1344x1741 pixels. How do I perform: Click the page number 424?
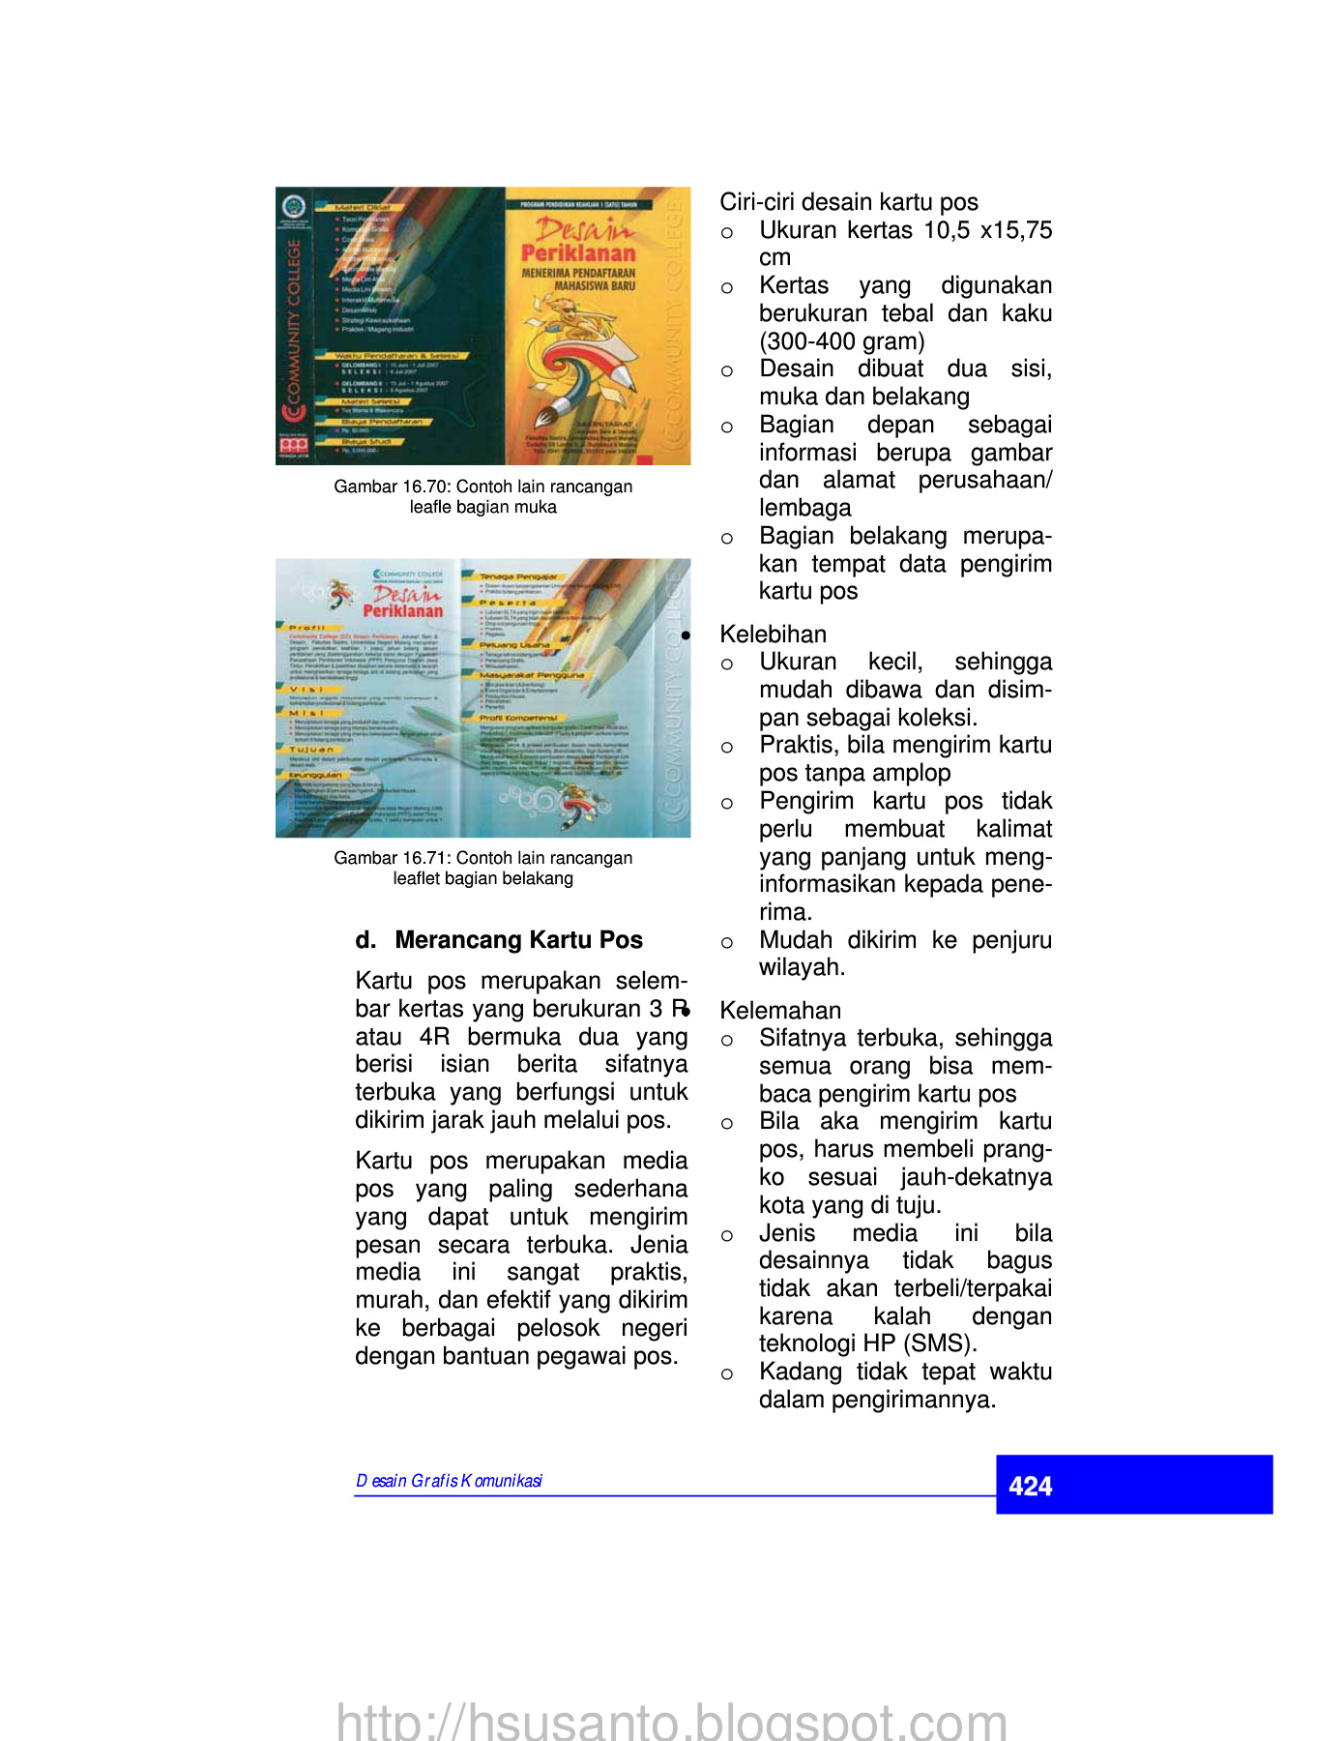coord(1030,1486)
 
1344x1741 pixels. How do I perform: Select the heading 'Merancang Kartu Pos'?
coord(518,940)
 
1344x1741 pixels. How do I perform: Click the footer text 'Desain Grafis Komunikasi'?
coord(449,1481)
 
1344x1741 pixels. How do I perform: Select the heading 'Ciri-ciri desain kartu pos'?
coord(848,202)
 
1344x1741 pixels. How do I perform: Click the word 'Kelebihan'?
coord(773,634)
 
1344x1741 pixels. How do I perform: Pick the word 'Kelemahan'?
coord(780,1011)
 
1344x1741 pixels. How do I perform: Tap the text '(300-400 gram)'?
coord(841,341)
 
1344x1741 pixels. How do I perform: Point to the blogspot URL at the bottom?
coord(671,1722)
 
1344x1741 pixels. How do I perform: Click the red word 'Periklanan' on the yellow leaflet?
coord(578,253)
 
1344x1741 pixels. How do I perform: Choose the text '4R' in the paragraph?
coord(435,1037)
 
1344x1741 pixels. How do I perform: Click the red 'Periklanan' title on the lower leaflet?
coord(402,611)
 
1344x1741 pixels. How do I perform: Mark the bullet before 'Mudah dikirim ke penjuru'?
coord(727,942)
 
